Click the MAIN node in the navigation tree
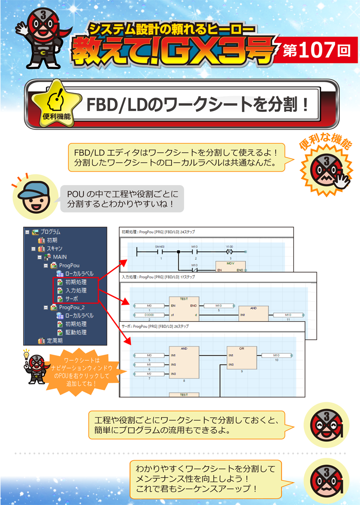pyautogui.click(x=60, y=257)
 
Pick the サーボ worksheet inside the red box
pyautogui.click(x=73, y=299)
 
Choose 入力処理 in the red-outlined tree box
pyautogui.click(x=75, y=290)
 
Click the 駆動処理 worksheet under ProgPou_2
pyautogui.click(x=76, y=332)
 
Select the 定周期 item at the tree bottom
pyautogui.click(x=54, y=340)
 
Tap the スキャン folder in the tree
pyautogui.click(x=54, y=248)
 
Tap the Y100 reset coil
pyautogui.click(x=229, y=252)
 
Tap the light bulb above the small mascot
pyautogui.click(x=26, y=354)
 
